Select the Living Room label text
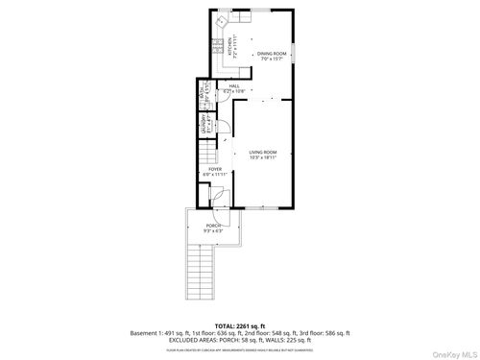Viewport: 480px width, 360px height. coord(263,152)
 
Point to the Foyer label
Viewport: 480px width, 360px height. coord(216,169)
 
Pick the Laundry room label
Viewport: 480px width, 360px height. coord(204,126)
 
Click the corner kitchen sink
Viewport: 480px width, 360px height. coord(221,20)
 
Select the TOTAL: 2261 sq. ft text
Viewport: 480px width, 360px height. coord(240,325)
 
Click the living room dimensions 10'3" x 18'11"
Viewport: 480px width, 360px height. coord(263,157)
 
